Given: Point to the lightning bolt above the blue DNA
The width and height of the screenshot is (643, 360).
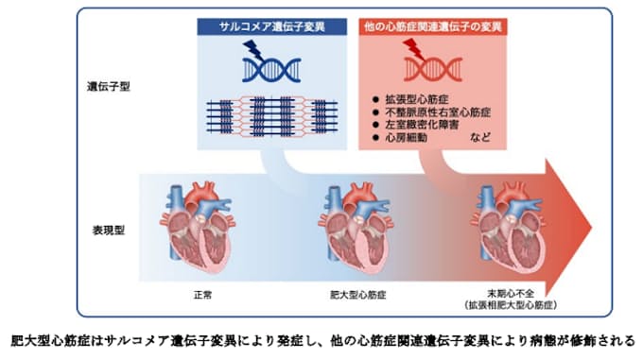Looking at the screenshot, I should click(252, 49).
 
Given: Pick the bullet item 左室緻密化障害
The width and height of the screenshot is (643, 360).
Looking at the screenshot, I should click(426, 125).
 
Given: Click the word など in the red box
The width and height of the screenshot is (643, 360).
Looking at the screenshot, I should click(481, 138).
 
